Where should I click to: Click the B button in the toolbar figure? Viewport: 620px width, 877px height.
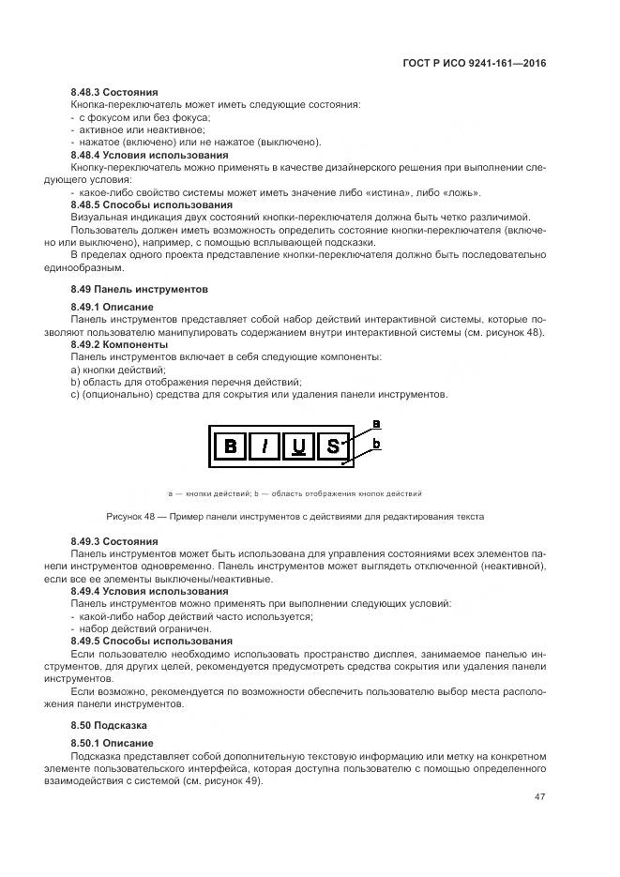click(230, 446)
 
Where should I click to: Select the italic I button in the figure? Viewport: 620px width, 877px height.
click(265, 446)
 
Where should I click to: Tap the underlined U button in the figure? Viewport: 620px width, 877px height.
click(298, 446)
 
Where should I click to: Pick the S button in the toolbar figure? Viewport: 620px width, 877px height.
click(332, 446)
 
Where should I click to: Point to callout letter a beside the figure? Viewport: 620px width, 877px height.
click(376, 423)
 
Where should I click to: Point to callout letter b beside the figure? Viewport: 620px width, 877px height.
click(376, 443)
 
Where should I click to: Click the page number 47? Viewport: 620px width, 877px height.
click(539, 797)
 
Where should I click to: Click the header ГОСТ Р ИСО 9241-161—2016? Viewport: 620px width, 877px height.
click(472, 64)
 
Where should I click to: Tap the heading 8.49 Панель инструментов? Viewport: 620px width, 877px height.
click(139, 289)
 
